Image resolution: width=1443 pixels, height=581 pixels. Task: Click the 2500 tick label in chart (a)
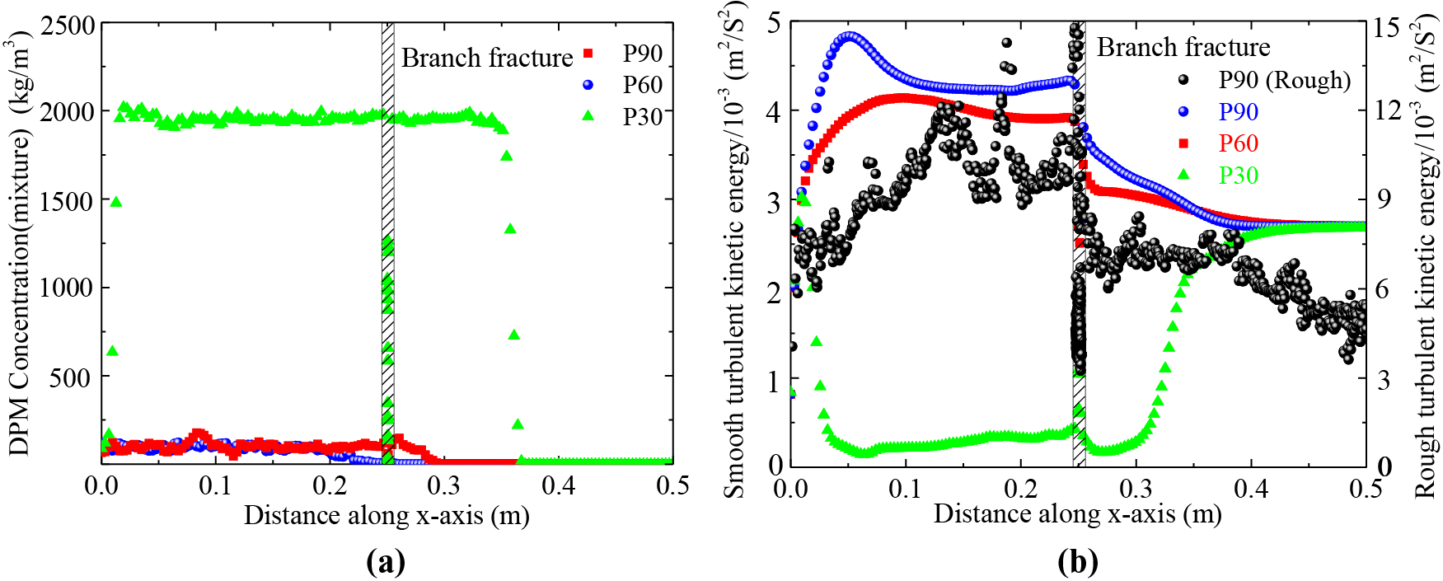[x=68, y=25]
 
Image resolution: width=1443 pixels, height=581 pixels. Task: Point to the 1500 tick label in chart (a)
[x=68, y=200]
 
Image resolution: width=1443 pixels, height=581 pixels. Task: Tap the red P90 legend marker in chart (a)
[x=588, y=54]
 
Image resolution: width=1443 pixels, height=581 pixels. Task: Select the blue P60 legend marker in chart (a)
[x=588, y=85]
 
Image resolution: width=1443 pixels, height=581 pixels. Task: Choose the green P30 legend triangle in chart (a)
[x=588, y=116]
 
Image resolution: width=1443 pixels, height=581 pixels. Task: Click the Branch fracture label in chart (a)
[x=486, y=58]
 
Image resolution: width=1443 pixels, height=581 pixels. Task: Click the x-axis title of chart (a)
[x=387, y=516]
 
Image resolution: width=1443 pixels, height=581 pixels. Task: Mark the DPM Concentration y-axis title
[x=19, y=243]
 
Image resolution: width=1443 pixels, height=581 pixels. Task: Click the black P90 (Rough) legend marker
[x=1184, y=80]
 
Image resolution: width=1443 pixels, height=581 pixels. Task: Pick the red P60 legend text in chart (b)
[x=1238, y=143]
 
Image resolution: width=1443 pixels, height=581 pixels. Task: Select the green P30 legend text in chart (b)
[x=1238, y=176]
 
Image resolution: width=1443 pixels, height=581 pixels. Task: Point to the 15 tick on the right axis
[x=1387, y=26]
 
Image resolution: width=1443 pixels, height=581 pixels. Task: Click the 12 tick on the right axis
[x=1387, y=109]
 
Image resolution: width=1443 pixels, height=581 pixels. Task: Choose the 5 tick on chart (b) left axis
[x=774, y=22]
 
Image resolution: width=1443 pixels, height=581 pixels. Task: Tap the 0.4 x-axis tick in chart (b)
[x=1251, y=489]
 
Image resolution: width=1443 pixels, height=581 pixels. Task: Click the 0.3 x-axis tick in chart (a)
[x=444, y=486]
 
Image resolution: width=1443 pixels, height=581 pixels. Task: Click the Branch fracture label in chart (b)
[x=1183, y=47]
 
